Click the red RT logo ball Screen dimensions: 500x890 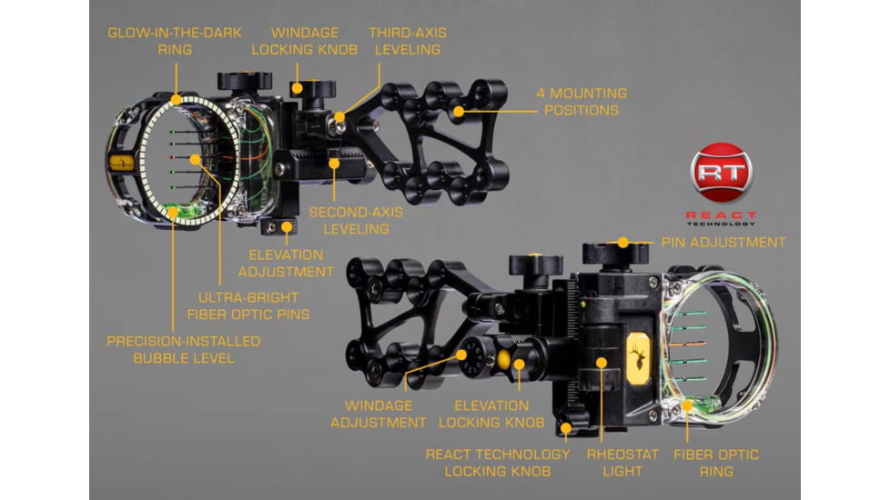722,171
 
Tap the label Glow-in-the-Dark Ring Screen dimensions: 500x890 175,41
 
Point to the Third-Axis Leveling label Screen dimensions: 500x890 407,41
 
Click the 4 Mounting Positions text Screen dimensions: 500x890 582,102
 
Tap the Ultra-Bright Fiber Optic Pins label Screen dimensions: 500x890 249,305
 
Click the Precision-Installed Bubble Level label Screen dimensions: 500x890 184,349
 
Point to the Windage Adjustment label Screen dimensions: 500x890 378,414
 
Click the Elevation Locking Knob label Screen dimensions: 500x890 491,414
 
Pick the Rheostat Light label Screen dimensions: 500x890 614,462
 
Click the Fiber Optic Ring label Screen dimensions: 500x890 715,462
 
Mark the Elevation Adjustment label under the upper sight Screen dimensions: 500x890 286,263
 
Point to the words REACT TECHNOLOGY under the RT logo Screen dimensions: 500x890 721,219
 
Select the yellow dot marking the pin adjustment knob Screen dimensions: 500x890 622,243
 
